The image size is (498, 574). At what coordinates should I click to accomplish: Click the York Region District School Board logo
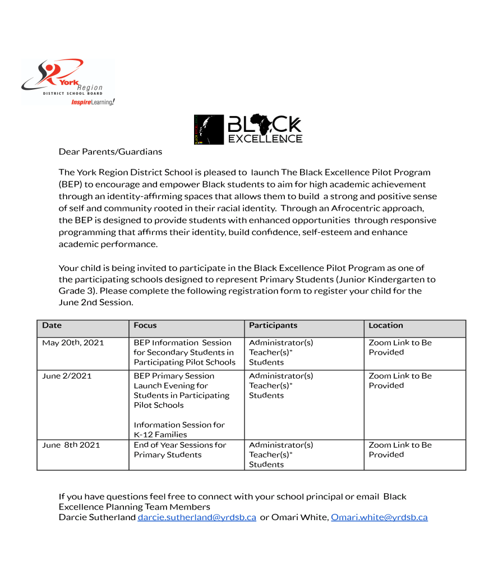pyautogui.click(x=66, y=82)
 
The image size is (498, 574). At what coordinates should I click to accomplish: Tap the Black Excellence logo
pyautogui.click(x=248, y=130)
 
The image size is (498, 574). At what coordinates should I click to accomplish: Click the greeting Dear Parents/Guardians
pyautogui.click(x=110, y=151)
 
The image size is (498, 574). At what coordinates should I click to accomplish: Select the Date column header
pyautogui.click(x=52, y=325)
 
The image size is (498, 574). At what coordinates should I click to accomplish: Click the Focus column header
pyautogui.click(x=145, y=325)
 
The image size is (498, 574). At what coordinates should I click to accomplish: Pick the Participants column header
pyautogui.click(x=273, y=325)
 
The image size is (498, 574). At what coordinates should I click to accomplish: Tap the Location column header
pyautogui.click(x=386, y=325)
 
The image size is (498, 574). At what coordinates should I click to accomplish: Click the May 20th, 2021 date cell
pyautogui.click(x=73, y=343)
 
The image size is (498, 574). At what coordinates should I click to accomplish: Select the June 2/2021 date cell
pyautogui.click(x=67, y=376)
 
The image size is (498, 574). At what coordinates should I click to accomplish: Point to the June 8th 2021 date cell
pyautogui.click(x=71, y=445)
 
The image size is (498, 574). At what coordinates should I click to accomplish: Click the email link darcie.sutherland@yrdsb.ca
pyautogui.click(x=197, y=517)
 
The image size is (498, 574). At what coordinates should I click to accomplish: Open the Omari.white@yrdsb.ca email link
pyautogui.click(x=379, y=517)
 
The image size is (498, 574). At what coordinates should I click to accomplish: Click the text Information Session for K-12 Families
pyautogui.click(x=179, y=430)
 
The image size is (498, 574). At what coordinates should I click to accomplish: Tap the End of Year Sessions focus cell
pyautogui.click(x=180, y=449)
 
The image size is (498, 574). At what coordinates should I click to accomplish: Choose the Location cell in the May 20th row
pyautogui.click(x=400, y=347)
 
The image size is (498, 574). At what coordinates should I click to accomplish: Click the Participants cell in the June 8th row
pyautogui.click(x=281, y=454)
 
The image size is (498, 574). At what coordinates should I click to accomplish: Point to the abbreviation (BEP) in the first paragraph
pyautogui.click(x=71, y=184)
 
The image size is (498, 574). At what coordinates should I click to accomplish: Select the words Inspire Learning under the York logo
pyautogui.click(x=93, y=102)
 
